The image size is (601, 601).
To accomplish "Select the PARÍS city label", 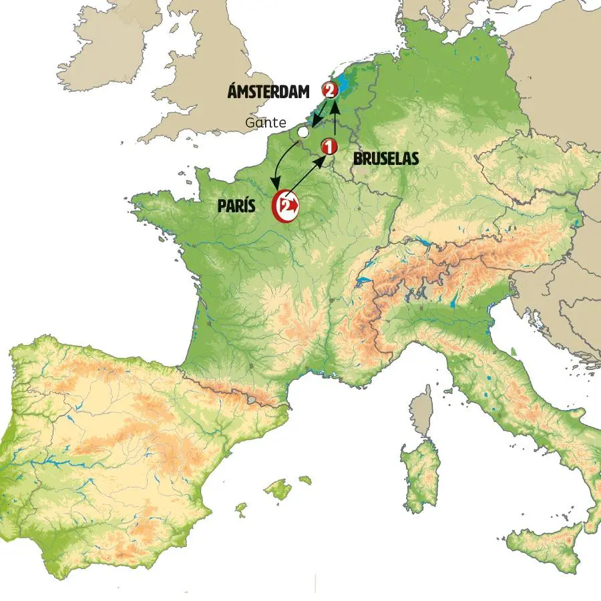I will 236,206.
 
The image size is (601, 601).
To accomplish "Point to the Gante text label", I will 265,123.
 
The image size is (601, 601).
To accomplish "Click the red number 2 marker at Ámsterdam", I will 329,89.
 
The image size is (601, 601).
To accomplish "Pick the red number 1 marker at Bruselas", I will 329,146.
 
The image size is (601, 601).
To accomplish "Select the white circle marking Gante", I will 303,133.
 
